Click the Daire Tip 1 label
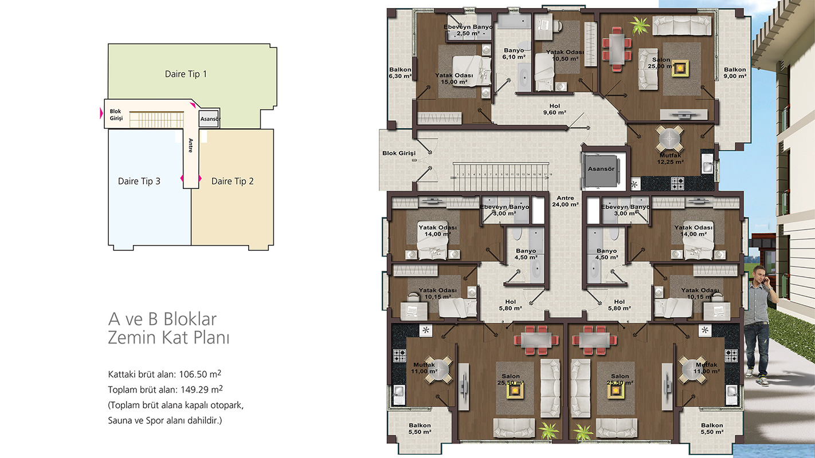[x=186, y=74]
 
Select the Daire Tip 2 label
[x=233, y=181]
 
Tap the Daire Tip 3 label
[x=139, y=181]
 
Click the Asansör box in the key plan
[x=209, y=119]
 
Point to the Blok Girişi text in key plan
[x=116, y=114]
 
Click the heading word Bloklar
[x=190, y=319]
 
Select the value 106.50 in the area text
[x=193, y=374]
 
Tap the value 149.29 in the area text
[x=194, y=390]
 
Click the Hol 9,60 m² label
[x=554, y=109]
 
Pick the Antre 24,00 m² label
[x=565, y=201]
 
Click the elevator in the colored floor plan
[x=601, y=169]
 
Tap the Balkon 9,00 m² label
[x=735, y=73]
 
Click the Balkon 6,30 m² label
[x=400, y=73]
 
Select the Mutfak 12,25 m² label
[x=670, y=159]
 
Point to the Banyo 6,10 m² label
[x=514, y=54]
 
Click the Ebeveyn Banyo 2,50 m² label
[x=468, y=30]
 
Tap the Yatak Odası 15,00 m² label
[x=454, y=78]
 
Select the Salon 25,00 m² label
[x=661, y=63]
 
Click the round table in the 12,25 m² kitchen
[x=670, y=139]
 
